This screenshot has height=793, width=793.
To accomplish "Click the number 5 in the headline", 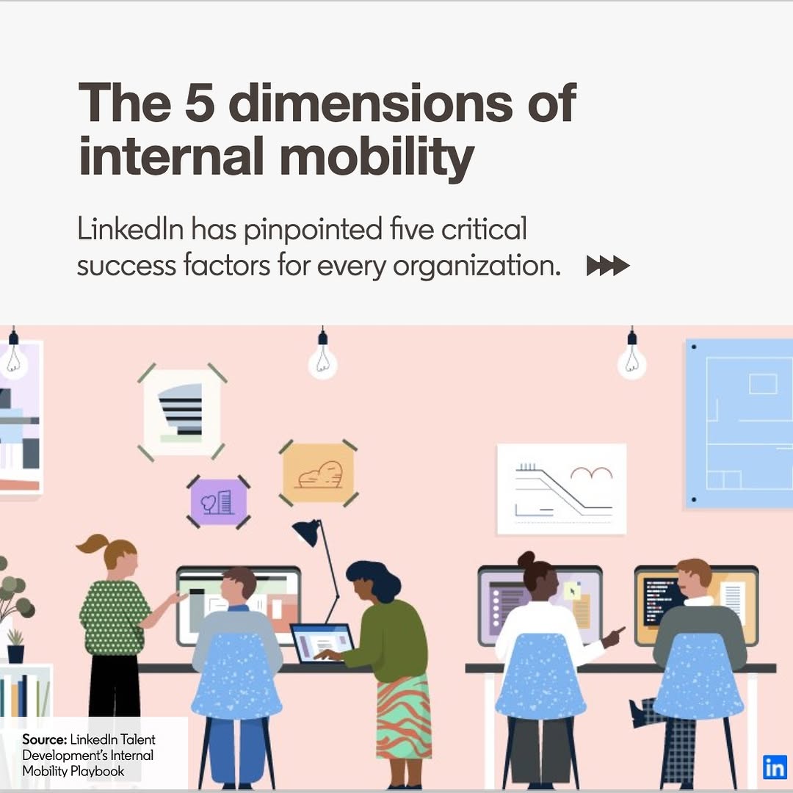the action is click(x=200, y=103).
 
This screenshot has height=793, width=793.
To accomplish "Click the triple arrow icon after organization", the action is click(x=608, y=266).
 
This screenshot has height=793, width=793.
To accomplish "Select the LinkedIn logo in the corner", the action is click(x=775, y=768).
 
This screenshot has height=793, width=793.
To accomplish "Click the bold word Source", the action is click(x=45, y=739).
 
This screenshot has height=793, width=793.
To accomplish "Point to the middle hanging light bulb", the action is click(x=322, y=357).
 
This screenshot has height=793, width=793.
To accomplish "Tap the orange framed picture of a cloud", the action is click(x=319, y=473).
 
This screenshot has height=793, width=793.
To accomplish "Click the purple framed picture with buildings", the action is click(x=219, y=501).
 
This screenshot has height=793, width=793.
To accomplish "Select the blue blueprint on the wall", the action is click(x=739, y=424).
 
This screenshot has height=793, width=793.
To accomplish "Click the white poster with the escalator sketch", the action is click(x=562, y=489).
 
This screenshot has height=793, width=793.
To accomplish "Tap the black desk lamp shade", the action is click(x=307, y=532).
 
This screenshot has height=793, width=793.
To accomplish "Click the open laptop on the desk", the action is click(x=322, y=643).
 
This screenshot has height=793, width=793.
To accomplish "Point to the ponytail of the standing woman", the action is click(x=92, y=545).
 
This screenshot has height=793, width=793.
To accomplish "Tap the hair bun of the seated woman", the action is click(x=526, y=560).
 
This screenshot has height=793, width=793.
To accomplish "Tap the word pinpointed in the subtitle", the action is click(x=313, y=229).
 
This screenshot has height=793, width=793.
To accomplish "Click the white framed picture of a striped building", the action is click(x=182, y=412).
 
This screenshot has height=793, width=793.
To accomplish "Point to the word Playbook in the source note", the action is click(x=98, y=771).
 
